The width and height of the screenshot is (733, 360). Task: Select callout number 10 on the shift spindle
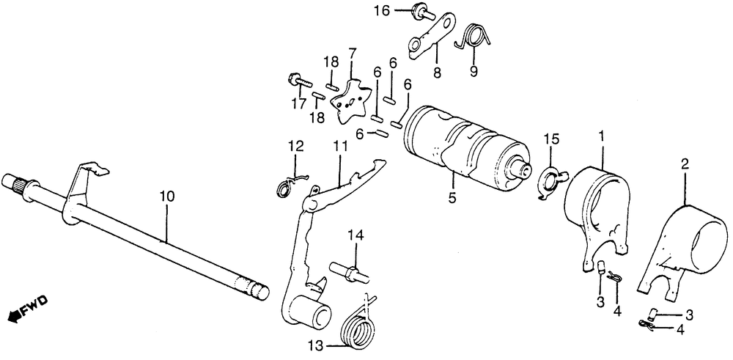pos(167,196)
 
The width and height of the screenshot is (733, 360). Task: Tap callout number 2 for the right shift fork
pos(685,165)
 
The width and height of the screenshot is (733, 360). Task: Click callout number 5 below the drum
pos(452,196)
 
